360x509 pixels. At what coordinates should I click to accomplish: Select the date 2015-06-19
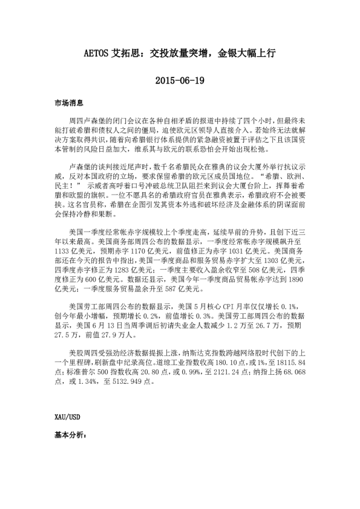[180, 80]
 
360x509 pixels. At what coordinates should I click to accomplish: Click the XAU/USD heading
[67, 417]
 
